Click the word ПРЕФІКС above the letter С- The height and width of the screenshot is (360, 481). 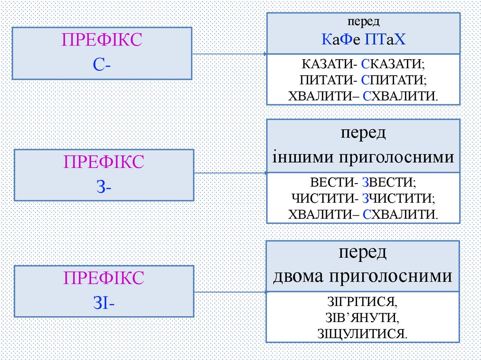pos(102,41)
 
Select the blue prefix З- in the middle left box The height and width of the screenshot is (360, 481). pos(104,186)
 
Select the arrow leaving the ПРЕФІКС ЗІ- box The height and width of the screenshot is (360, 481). pos(230,292)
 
